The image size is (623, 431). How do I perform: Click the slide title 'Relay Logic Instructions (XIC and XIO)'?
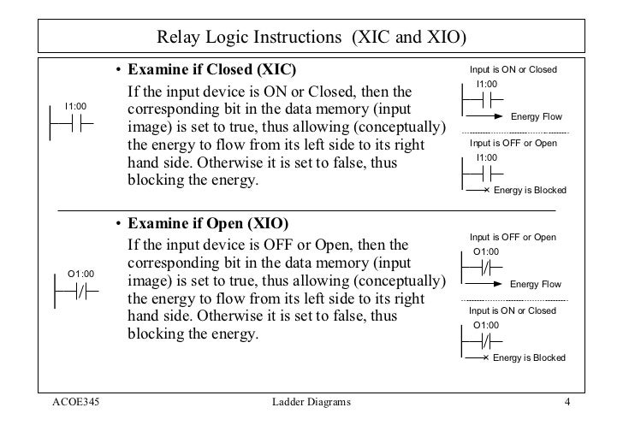[x=311, y=38]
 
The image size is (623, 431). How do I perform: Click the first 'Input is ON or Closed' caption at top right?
[x=513, y=68]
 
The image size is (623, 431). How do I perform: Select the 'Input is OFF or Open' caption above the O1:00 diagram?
[x=513, y=236]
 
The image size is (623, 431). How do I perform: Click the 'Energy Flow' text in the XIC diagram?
[x=535, y=116]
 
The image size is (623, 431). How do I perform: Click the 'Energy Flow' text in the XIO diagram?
[x=535, y=284]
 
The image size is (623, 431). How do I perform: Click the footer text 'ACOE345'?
[x=76, y=402]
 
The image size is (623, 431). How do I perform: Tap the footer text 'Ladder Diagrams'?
[x=310, y=402]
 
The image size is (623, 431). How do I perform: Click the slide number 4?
[x=567, y=402]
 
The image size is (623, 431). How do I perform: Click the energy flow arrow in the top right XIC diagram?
[x=484, y=112]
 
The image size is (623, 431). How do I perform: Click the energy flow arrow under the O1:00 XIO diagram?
[x=484, y=280]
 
